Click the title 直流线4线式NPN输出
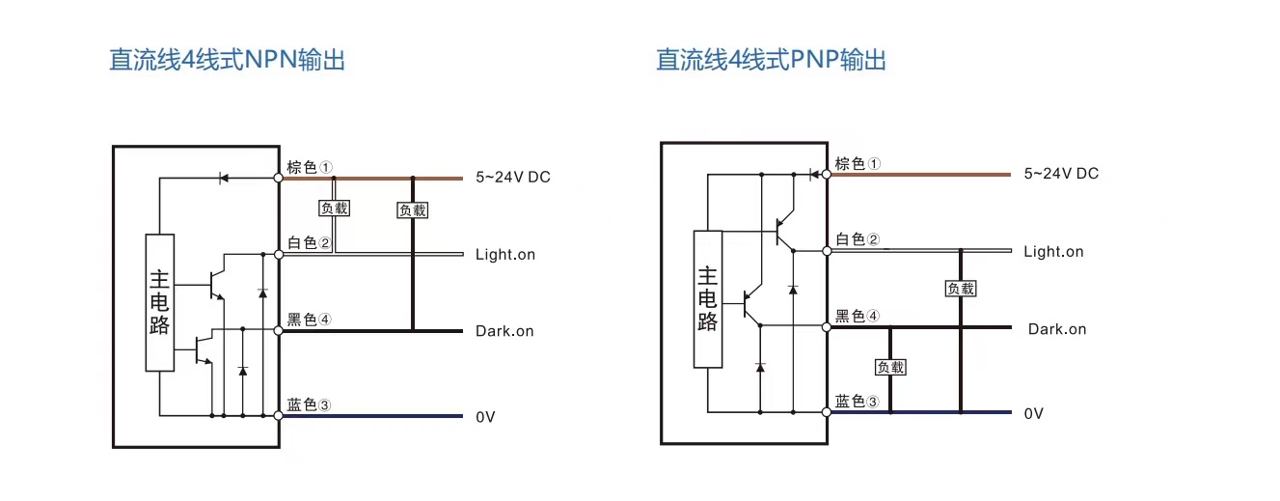pos(227,60)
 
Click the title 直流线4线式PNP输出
pos(771,60)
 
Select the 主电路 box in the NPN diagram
pos(160,302)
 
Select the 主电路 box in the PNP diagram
pos(708,299)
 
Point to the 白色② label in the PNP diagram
pos(858,239)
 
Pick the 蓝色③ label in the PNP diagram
pos(858,402)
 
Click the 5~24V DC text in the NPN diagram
pos(512,178)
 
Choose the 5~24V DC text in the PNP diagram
pos(1061,174)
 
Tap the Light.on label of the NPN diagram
pos(504,255)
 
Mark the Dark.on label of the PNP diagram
pos(1056,329)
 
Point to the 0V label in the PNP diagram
pos(1033,413)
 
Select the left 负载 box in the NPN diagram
pos(334,208)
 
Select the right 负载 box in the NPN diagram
pos(413,209)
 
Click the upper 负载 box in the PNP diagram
pos(961,288)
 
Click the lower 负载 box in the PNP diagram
pos(890,367)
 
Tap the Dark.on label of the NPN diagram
pos(504,331)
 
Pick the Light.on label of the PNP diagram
pos(1053,252)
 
